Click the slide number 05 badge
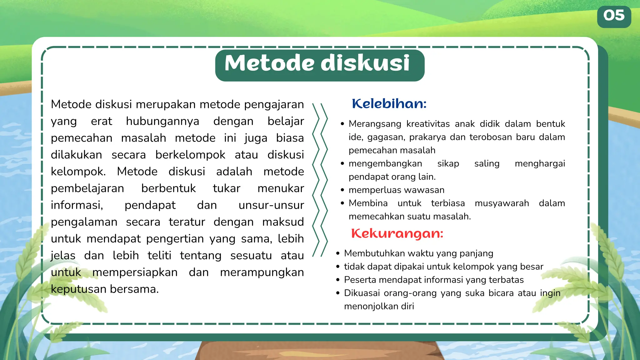(614, 16)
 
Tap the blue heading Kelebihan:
(389, 104)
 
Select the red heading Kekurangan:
(397, 234)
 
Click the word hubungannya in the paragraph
(162, 121)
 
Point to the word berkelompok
(190, 155)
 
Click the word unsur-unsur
(271, 205)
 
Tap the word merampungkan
(262, 272)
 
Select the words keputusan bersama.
(105, 289)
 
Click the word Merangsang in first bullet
(375, 124)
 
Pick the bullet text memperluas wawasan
(396, 190)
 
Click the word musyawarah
(502, 203)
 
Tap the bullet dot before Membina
(342, 203)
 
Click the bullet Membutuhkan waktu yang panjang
(418, 253)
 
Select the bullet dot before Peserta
(338, 280)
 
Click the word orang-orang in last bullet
(410, 293)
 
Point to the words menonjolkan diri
(379, 306)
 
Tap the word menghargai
(540, 164)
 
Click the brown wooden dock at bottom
(319, 352)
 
